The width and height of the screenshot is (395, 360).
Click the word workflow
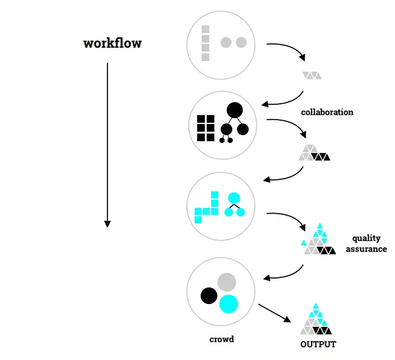pos(113,43)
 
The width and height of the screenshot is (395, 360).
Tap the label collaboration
pos(327,112)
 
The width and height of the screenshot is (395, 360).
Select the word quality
pos(366,239)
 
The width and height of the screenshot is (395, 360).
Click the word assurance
pos(366,249)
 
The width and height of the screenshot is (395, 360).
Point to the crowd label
pos(222,339)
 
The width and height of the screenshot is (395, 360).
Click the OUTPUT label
pos(318,344)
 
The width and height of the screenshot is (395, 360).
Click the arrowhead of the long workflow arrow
pos(107,224)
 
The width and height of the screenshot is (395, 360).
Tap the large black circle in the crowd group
pos(209,296)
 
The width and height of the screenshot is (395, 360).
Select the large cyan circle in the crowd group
pos(228,304)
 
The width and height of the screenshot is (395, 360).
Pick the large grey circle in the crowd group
pos(226,282)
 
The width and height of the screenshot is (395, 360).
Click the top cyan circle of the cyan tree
pos(234,198)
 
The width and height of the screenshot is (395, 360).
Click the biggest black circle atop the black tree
pos(235,110)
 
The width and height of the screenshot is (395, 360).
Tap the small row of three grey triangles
pos(312,76)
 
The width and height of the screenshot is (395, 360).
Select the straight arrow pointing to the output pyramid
pos(275,313)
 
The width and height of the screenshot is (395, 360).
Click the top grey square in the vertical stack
pos(205,29)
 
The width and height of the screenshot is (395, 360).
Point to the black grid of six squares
pos(206,128)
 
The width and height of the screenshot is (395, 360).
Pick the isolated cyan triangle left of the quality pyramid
pos(304,243)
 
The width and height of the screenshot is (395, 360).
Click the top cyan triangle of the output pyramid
pos(315,307)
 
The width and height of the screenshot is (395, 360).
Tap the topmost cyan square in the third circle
pos(214,195)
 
